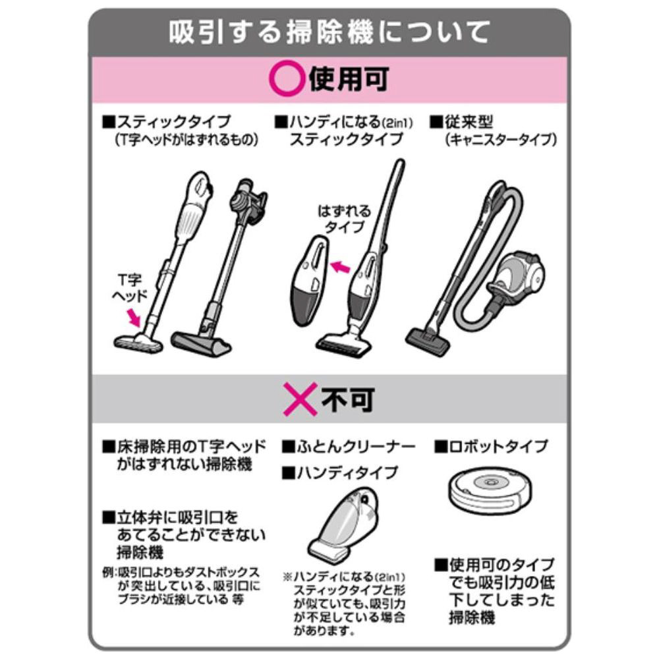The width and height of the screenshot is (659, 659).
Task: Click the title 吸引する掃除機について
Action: pos(329,32)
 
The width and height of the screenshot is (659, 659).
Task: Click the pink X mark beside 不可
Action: pos(300,399)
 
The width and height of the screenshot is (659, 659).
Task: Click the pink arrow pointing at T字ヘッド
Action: pos(134,318)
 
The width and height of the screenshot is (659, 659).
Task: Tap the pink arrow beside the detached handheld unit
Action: pos(341,266)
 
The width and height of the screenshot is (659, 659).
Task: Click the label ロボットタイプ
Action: pos(492,446)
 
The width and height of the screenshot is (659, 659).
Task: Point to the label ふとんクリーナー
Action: pos(349,446)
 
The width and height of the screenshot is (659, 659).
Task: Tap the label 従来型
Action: pos(461,122)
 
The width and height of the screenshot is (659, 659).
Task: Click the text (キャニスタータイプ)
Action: pos(501,140)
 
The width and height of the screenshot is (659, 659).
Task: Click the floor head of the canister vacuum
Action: pos(428,341)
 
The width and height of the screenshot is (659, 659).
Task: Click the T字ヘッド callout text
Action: pos(130,288)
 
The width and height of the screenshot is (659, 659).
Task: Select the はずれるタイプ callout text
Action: pos(344,219)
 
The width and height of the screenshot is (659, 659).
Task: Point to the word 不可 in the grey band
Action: pos(348,399)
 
